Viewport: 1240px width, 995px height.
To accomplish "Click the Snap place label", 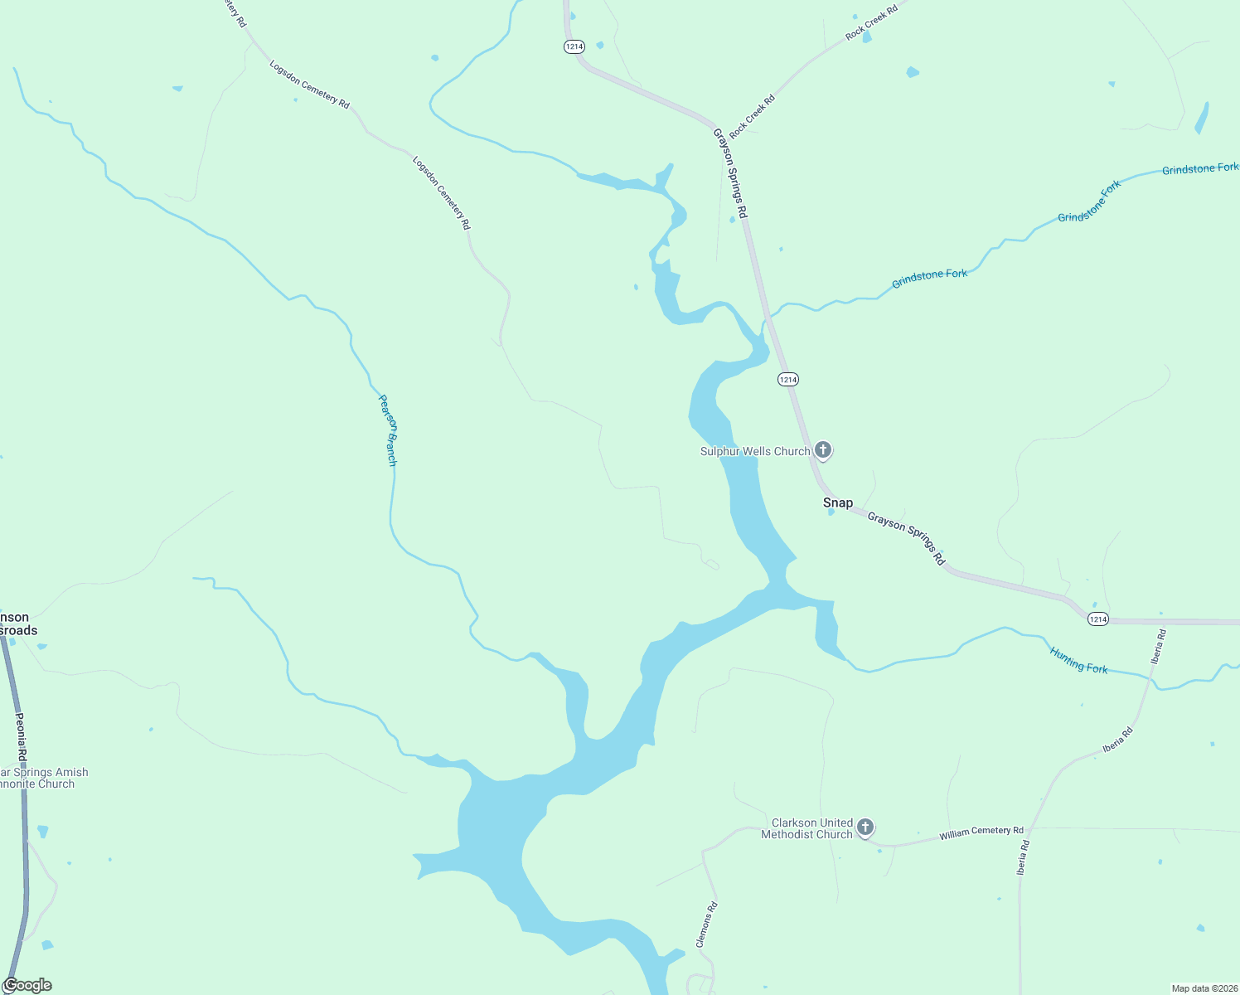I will click(x=837, y=502).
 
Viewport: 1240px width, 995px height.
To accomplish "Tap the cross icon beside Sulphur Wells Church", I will click(x=823, y=449).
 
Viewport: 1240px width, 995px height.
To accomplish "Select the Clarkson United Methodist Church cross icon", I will click(x=865, y=827).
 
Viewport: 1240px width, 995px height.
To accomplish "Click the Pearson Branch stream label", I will click(x=387, y=430).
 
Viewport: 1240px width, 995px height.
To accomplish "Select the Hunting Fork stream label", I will click(x=1078, y=660).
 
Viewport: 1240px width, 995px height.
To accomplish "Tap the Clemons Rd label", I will click(x=706, y=925).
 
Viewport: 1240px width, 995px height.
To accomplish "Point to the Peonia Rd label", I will click(x=21, y=737).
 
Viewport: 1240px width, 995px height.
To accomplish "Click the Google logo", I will click(x=27, y=985).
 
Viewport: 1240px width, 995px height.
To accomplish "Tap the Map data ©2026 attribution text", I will click(x=1203, y=988).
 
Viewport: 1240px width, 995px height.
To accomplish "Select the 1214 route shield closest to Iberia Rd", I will click(x=1097, y=619).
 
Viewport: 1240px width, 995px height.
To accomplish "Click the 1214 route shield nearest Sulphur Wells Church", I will click(x=787, y=379).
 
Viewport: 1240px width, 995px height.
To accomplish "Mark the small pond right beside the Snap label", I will click(x=831, y=512).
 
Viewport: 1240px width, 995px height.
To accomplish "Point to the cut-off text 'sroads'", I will click(x=18, y=630).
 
